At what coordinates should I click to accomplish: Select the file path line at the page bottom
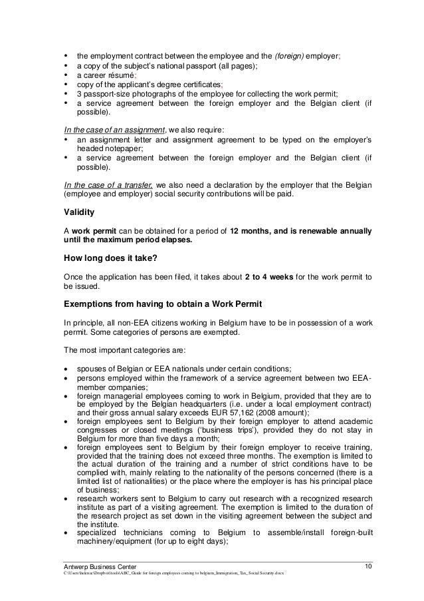[x=173, y=574]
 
